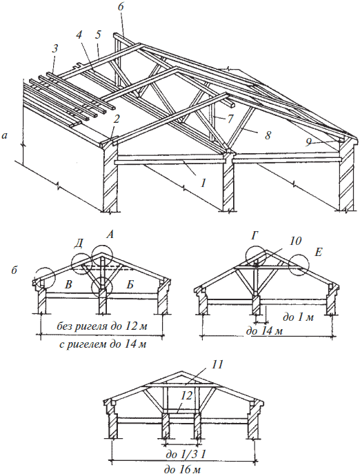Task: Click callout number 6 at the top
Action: click(x=121, y=8)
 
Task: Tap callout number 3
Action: click(x=54, y=48)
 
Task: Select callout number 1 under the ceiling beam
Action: click(x=203, y=182)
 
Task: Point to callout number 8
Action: click(x=268, y=135)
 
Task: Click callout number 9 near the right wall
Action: click(x=308, y=142)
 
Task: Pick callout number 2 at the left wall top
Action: click(x=117, y=119)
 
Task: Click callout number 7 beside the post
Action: click(x=230, y=119)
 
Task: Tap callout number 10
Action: click(x=295, y=241)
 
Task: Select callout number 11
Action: click(x=217, y=364)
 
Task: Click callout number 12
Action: click(x=187, y=395)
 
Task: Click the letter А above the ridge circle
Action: click(x=110, y=235)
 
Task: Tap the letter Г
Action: click(x=254, y=235)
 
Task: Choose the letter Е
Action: click(x=318, y=252)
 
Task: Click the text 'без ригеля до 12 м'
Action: click(x=102, y=326)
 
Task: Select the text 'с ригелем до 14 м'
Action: click(x=102, y=344)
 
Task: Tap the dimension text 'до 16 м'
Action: click(x=182, y=469)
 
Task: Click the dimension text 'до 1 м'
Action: click(x=298, y=317)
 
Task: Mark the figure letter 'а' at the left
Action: click(x=4, y=136)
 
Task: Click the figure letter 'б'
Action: click(x=14, y=270)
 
